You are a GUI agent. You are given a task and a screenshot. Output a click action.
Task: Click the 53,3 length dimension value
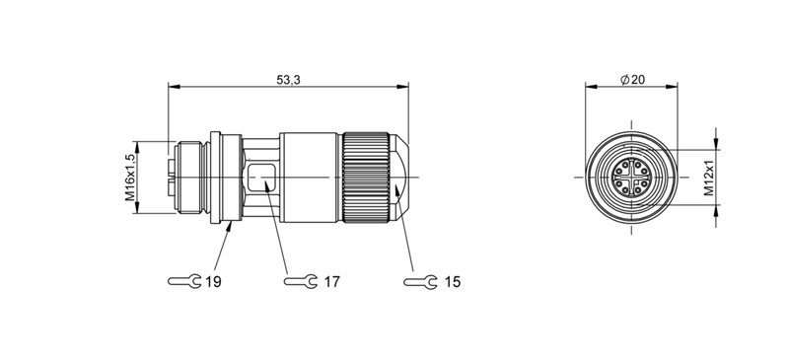(x=288, y=80)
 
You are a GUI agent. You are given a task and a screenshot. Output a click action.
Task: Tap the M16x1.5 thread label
(x=130, y=178)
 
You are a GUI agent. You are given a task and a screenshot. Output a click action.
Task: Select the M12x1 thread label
(x=708, y=178)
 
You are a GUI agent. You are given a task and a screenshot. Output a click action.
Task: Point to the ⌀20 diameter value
(x=632, y=80)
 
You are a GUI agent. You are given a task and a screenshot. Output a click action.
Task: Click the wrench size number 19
(x=213, y=282)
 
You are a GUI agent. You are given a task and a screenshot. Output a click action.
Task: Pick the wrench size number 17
(x=331, y=282)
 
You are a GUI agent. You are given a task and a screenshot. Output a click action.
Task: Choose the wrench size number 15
(x=453, y=282)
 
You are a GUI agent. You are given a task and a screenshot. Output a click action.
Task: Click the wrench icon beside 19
(x=184, y=281)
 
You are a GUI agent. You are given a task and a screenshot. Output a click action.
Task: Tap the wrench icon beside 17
(x=301, y=281)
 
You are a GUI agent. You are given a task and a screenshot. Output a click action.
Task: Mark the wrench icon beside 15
(x=420, y=282)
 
